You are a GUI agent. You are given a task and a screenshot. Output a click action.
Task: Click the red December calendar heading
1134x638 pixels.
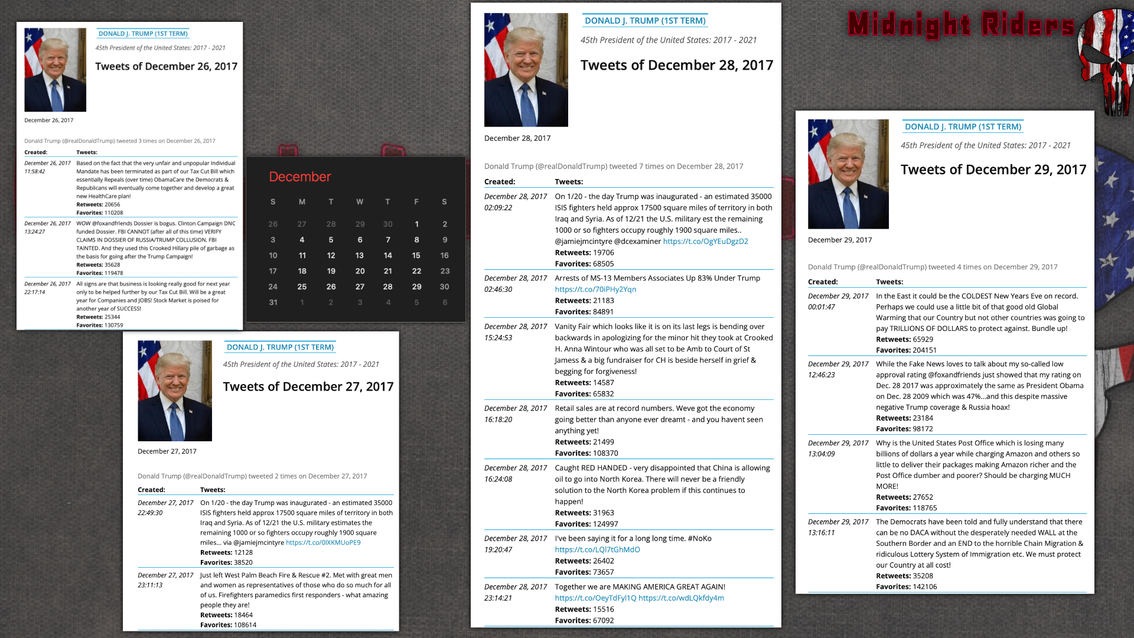click(x=299, y=177)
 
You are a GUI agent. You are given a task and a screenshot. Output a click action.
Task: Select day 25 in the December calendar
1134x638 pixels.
click(x=302, y=287)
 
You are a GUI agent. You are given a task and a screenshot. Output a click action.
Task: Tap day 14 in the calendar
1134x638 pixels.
click(x=387, y=255)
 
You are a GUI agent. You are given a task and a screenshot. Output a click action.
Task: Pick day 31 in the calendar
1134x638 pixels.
click(x=273, y=302)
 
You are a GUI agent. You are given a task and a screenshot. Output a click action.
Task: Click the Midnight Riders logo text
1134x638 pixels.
click(x=961, y=25)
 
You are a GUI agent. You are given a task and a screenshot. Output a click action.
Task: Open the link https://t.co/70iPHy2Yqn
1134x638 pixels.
click(x=595, y=289)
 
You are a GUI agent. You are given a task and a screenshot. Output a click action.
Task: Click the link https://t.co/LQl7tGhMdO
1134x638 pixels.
click(x=597, y=550)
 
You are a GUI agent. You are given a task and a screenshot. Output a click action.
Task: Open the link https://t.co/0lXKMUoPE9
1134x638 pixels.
click(x=323, y=543)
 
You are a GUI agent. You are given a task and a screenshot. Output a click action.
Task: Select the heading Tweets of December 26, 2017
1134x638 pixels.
click(x=167, y=66)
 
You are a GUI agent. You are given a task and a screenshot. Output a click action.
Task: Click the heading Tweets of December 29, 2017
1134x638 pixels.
click(x=993, y=170)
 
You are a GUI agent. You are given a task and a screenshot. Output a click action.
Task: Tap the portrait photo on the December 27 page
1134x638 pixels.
click(x=175, y=390)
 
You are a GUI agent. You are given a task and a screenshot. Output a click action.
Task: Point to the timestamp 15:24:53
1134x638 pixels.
click(x=498, y=338)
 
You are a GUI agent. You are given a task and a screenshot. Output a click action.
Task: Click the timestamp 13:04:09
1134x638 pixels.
click(x=821, y=454)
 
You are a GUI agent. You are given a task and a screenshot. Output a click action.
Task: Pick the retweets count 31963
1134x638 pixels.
click(x=603, y=513)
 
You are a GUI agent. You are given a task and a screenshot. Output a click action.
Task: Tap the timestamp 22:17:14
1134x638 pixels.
click(x=35, y=292)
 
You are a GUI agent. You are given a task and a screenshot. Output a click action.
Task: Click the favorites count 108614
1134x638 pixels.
click(x=245, y=625)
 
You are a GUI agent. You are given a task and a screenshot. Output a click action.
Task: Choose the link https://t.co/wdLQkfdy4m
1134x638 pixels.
click(x=681, y=598)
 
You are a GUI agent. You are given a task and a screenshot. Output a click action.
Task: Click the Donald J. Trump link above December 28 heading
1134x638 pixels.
click(x=645, y=21)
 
